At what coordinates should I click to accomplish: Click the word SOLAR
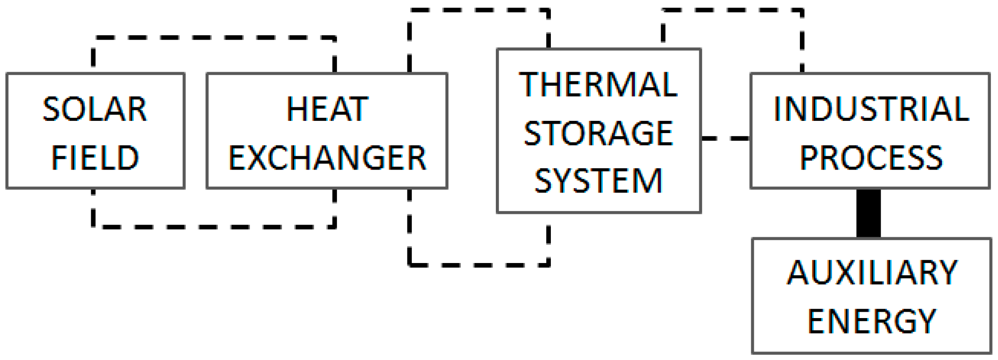[x=95, y=110]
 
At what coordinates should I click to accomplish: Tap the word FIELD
[x=95, y=158]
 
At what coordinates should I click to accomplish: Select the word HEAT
[x=327, y=110]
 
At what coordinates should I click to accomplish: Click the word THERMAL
[x=598, y=85]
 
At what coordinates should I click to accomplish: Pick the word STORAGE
[x=598, y=133]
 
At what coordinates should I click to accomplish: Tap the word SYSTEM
[x=598, y=181]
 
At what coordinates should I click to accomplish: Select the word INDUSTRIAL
[x=871, y=110]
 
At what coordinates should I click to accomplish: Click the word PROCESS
[x=871, y=158]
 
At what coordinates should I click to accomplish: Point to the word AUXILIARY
[x=872, y=273]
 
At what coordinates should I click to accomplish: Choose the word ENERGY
[x=872, y=321]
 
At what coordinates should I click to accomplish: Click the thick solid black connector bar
[x=869, y=213]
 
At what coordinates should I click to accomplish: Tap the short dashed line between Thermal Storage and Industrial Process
[x=725, y=138]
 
